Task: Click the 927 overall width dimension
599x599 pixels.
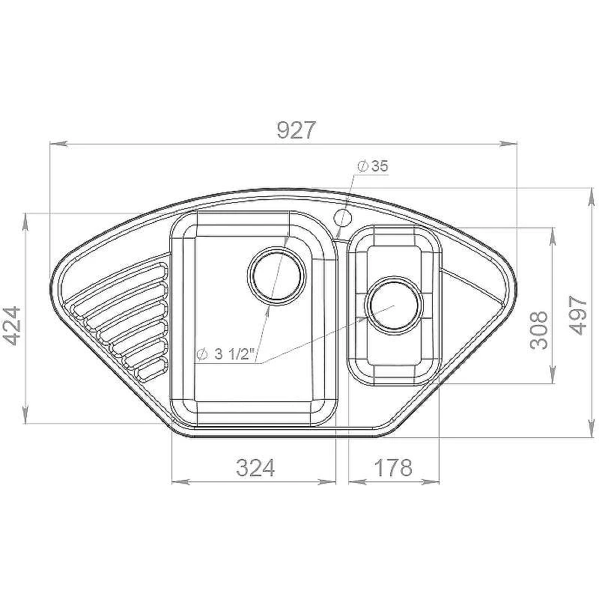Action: tap(297, 130)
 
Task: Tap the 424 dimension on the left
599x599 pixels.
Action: tap(11, 326)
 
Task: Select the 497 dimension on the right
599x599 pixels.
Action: tap(577, 315)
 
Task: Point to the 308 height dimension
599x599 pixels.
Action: tap(539, 330)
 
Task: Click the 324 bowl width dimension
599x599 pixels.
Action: tap(255, 467)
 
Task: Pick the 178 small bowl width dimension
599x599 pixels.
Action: tap(393, 467)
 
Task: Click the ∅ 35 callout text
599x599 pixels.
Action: tap(372, 165)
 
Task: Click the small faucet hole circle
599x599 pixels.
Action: tap(343, 218)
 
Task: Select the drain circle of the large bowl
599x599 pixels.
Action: tap(277, 276)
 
